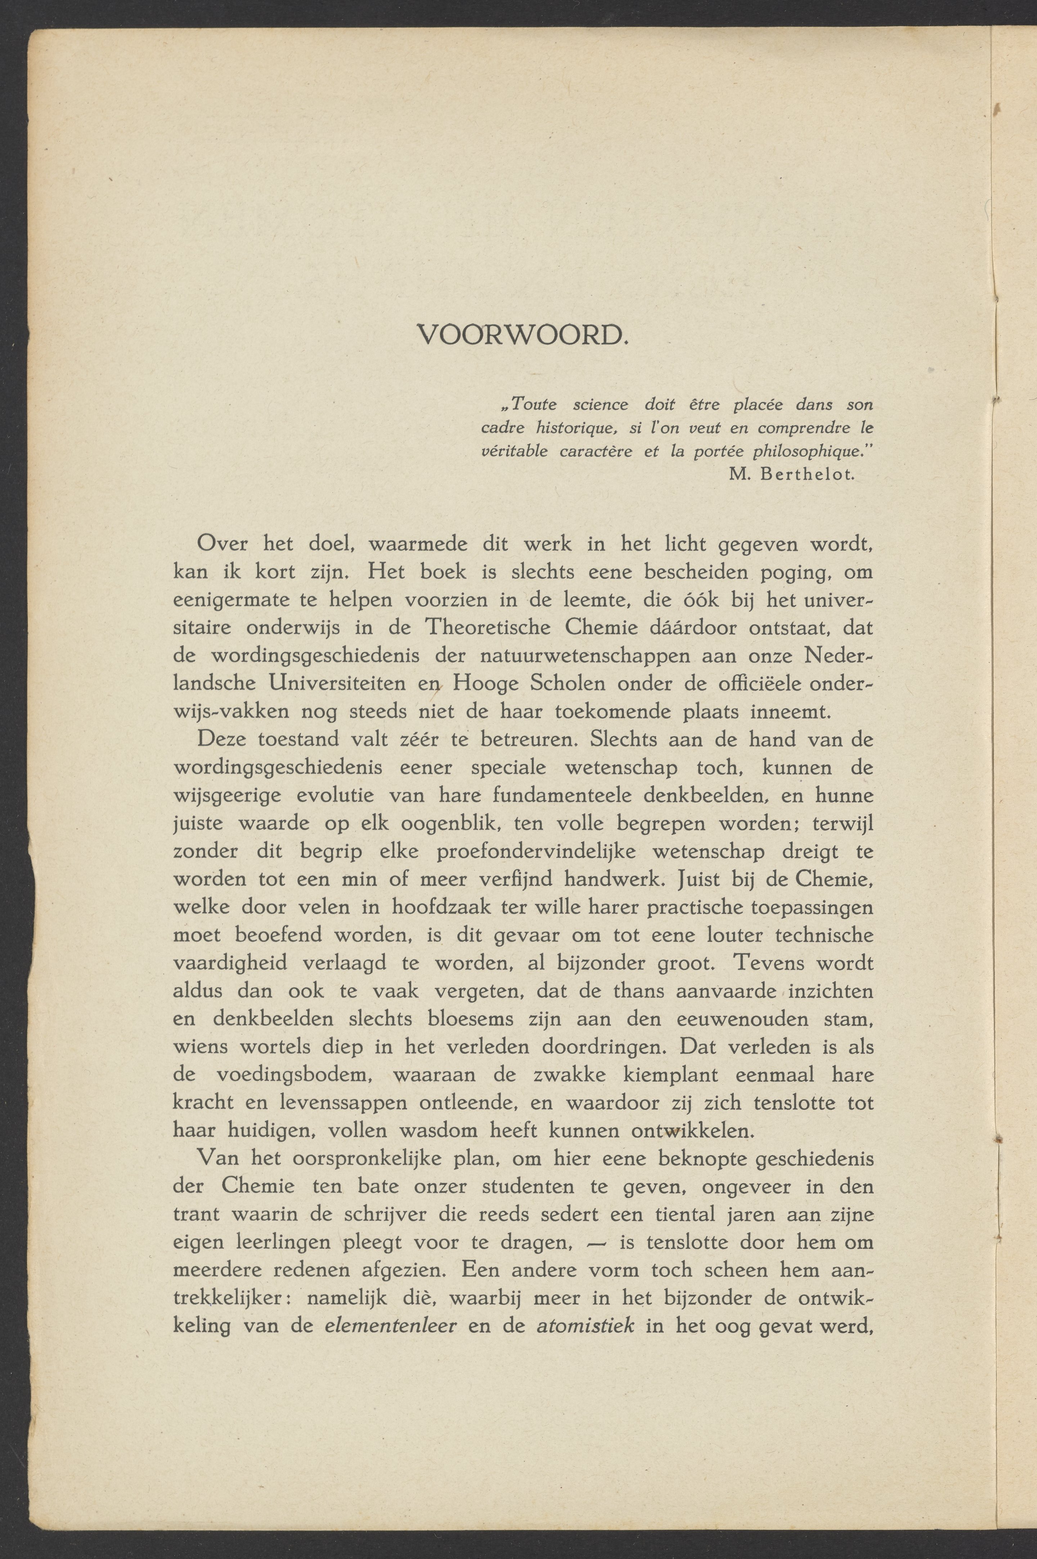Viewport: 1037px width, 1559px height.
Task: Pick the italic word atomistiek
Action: click(585, 1307)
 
